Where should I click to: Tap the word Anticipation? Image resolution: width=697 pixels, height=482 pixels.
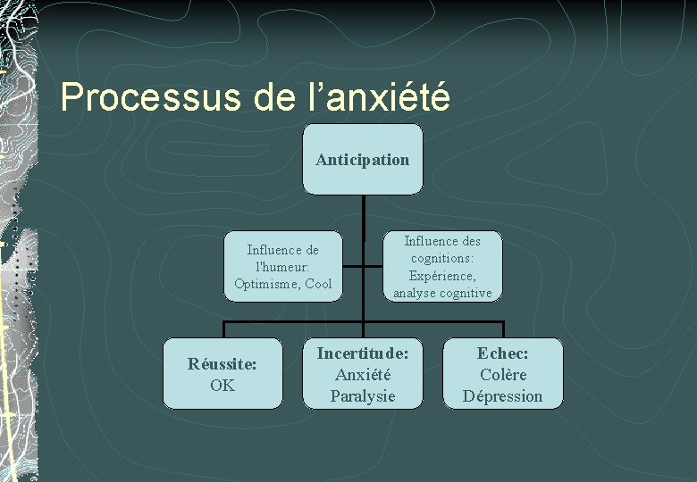[362, 160]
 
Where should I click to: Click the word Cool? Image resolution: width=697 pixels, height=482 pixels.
[318, 284]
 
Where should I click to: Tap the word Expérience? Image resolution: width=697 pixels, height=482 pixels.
[442, 275]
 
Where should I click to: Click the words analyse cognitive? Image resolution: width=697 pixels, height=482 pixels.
[442, 292]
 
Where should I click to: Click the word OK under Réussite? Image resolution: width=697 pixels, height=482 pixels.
[222, 386]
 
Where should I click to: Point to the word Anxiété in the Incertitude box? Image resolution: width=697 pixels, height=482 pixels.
[362, 375]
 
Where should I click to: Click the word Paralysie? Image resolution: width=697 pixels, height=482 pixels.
[362, 396]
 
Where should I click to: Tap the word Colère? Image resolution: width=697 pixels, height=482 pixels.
[502, 375]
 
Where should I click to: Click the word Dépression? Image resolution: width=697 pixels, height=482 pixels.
[502, 396]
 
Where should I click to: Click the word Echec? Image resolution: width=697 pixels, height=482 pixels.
[502, 353]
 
